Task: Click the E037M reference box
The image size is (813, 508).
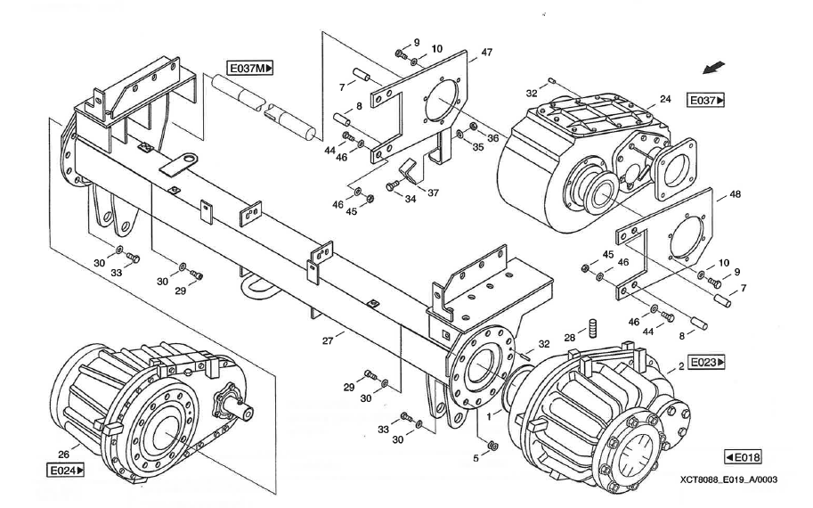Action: (250, 68)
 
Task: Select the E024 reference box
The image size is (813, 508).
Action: (65, 471)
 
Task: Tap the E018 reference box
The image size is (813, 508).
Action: (743, 457)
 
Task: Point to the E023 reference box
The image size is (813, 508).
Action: (706, 362)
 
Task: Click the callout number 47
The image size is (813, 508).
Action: (486, 52)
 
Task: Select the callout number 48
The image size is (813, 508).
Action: (736, 194)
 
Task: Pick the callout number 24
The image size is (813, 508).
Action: (665, 99)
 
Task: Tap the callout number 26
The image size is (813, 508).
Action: (63, 455)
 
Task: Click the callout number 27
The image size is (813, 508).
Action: (328, 341)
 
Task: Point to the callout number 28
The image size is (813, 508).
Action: (569, 338)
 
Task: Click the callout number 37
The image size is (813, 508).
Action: (433, 193)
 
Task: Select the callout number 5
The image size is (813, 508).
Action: (476, 458)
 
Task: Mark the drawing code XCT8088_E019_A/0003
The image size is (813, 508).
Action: (729, 480)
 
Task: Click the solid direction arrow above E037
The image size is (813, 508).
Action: (714, 68)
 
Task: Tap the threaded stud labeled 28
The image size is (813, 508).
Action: (593, 328)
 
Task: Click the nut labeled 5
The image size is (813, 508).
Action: (492, 446)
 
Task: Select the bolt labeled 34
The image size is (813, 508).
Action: (393, 185)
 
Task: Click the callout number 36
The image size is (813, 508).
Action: (492, 138)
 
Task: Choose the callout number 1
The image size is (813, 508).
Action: (488, 416)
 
